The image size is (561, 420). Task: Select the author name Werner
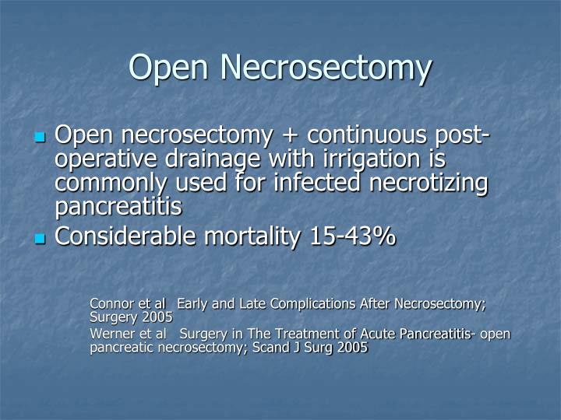[x=113, y=334]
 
